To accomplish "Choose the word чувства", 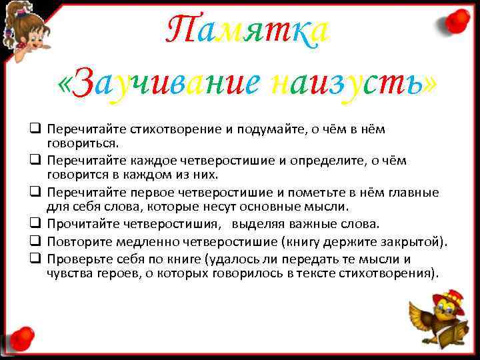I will click(69, 273).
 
